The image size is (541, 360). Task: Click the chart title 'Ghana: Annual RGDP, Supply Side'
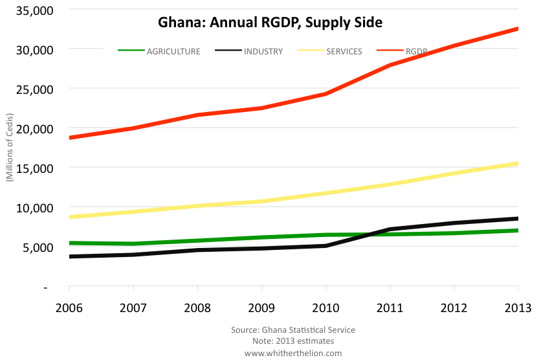tap(270, 23)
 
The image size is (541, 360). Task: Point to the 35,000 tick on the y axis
tap(35, 10)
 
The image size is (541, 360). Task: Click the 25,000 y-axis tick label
tap(35, 89)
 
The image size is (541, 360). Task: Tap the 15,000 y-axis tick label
tap(35, 168)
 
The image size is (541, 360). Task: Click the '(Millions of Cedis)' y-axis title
tap(10, 148)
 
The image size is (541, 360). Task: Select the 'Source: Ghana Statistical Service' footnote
tap(293, 330)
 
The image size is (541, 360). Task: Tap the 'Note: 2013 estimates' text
tap(293, 341)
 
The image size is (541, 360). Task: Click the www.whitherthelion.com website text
tap(293, 353)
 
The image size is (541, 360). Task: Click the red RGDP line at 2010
tap(326, 94)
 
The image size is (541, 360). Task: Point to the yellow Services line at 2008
tap(197, 206)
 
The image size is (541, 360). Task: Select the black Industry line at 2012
tap(454, 223)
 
